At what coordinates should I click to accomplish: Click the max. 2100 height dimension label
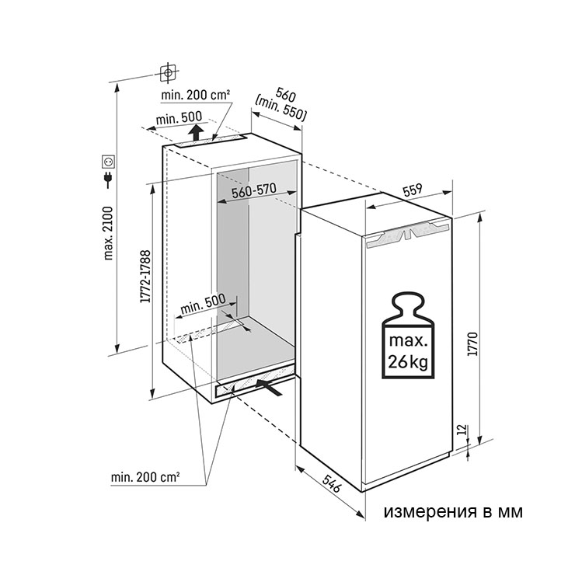109,233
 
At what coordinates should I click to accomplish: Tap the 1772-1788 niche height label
145,276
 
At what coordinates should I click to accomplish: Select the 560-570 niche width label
254,190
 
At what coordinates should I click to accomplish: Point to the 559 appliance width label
413,190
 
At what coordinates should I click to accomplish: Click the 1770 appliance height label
473,343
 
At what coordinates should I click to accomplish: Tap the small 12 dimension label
462,430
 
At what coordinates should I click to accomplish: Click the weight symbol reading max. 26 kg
408,335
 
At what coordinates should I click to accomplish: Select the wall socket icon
109,162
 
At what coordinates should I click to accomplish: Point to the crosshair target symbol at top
168,72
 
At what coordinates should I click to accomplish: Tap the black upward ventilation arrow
197,132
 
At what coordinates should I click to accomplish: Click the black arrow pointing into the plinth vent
269,387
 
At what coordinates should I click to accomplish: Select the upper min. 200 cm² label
196,96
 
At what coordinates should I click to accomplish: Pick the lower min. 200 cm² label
145,477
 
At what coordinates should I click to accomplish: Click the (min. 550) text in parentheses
281,109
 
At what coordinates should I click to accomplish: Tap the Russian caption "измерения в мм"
453,511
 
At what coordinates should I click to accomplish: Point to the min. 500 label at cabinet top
179,118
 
